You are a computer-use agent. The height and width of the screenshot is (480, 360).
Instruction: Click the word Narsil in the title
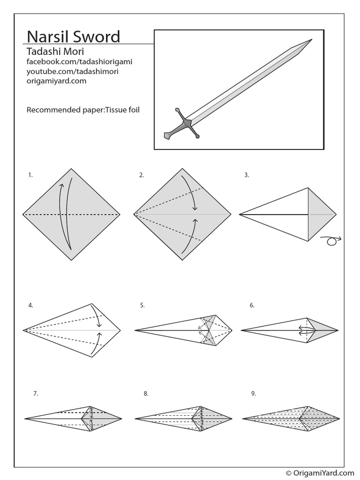(47, 37)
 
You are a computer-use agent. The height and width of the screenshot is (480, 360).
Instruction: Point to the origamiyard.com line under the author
(56, 81)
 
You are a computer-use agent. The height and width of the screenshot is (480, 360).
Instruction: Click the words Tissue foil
(123, 111)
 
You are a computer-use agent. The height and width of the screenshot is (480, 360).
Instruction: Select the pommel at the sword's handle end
(167, 136)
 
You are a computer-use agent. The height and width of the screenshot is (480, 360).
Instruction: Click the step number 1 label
(30, 175)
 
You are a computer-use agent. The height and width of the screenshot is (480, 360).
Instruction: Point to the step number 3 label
(247, 175)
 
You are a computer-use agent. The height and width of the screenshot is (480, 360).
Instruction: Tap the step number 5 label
(142, 306)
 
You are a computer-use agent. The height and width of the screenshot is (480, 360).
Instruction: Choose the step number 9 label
(253, 394)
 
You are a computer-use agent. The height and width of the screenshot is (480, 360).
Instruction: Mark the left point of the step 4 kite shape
(23, 330)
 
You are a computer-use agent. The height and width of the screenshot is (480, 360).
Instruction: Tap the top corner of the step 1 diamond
(71, 169)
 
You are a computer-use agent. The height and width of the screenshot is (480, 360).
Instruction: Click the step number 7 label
(35, 394)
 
